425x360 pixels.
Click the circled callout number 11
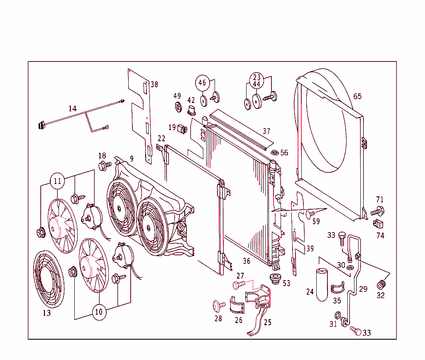pyautogui.click(x=57, y=181)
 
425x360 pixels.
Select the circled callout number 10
pyautogui.click(x=98, y=312)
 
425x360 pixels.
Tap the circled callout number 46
pyautogui.click(x=202, y=83)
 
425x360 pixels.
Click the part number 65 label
pyautogui.click(x=357, y=96)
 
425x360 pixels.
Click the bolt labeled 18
pyautogui.click(x=104, y=165)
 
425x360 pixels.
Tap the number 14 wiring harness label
pyautogui.click(x=73, y=108)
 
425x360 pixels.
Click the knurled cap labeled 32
pyautogui.click(x=381, y=285)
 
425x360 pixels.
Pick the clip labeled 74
pyautogui.click(x=378, y=224)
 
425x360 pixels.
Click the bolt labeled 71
pyautogui.click(x=378, y=211)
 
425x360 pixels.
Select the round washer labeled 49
pyautogui.click(x=178, y=106)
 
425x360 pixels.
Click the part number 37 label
pyautogui.click(x=266, y=131)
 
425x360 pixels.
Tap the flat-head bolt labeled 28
pyautogui.click(x=218, y=306)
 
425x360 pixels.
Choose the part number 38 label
pyautogui.click(x=154, y=84)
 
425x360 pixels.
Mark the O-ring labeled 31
pyautogui.click(x=337, y=314)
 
